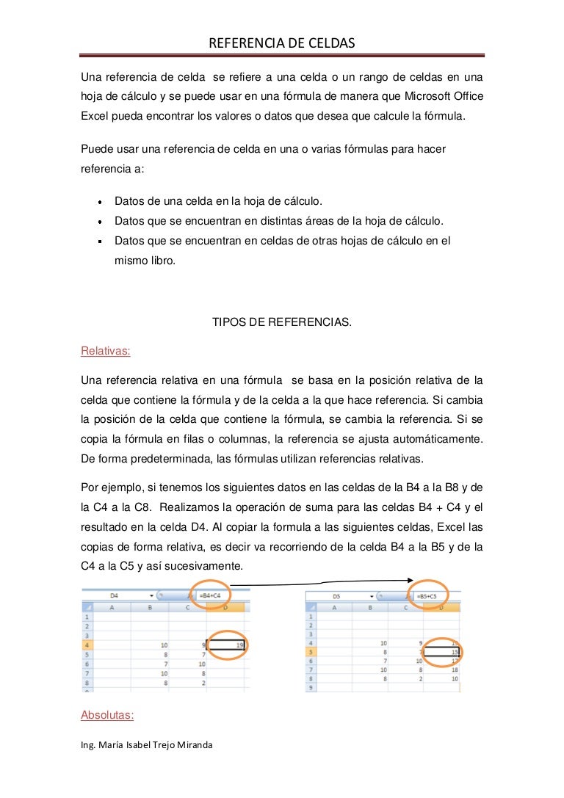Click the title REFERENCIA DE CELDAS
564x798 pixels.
tap(282, 44)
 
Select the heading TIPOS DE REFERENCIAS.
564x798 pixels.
tap(282, 322)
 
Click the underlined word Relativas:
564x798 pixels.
tap(105, 351)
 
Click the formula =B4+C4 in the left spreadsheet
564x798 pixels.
tap(209, 596)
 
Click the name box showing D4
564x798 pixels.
tap(115, 596)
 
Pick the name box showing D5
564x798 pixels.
tap(336, 596)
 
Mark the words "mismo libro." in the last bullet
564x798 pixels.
tap(145, 259)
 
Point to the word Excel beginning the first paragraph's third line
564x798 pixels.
tap(94, 115)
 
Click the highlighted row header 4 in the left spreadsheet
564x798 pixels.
tap(87, 645)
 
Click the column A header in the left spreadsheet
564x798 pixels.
tap(112, 608)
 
